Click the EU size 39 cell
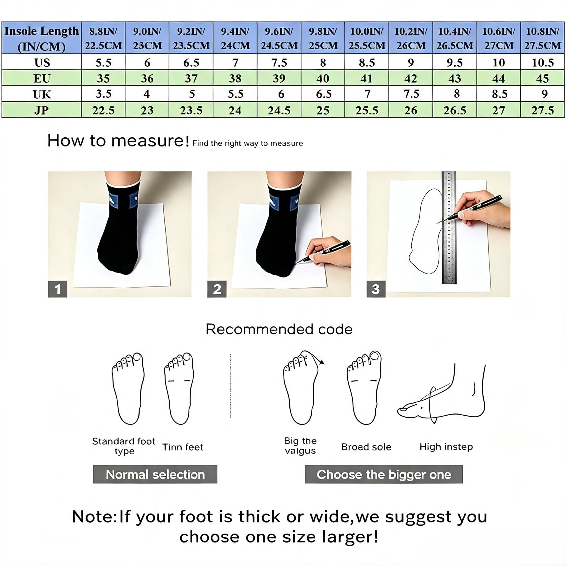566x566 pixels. click(279, 78)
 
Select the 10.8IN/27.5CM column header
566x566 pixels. click(542, 38)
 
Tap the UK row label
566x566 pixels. click(42, 94)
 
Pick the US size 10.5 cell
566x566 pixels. click(542, 62)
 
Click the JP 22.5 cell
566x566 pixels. click(103, 110)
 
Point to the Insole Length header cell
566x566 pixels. click(42, 38)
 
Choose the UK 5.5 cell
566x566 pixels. click(235, 94)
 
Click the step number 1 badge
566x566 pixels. click(57, 289)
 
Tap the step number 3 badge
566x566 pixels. click(376, 289)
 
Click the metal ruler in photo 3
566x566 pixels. click(449, 228)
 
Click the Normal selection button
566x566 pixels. click(155, 474)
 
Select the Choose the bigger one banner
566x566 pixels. click(384, 474)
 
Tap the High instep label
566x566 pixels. click(446, 447)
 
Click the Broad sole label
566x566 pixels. click(366, 447)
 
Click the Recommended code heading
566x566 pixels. click(279, 329)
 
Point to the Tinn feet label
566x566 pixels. click(182, 447)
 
